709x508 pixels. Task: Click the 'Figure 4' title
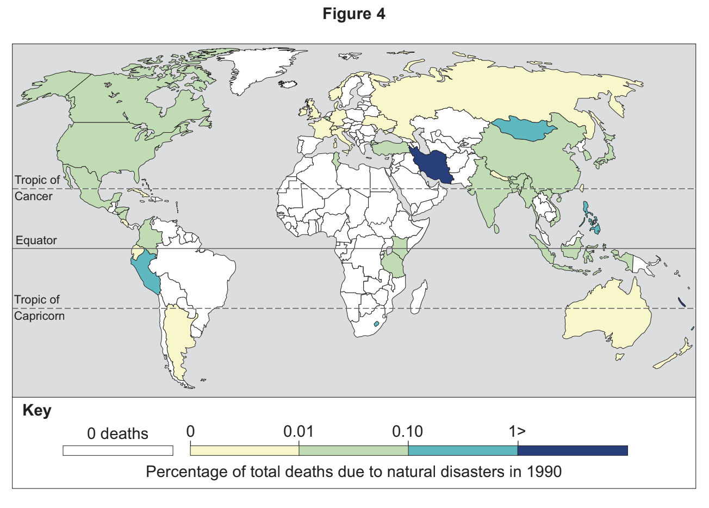coord(354,14)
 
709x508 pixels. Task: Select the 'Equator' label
coord(36,240)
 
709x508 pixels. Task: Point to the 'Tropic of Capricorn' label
coord(39,307)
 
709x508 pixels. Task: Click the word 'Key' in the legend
coord(37,410)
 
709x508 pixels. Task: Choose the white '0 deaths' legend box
coord(117,450)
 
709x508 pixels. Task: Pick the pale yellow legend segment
coord(244,450)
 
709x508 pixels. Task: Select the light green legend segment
coord(353,450)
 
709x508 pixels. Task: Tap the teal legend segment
coord(463,450)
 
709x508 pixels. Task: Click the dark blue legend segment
coord(573,450)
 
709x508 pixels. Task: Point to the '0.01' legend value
coord(298,432)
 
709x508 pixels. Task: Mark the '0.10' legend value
coord(407,432)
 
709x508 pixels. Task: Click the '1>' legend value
coord(517,432)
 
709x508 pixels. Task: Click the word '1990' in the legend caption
coord(544,471)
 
